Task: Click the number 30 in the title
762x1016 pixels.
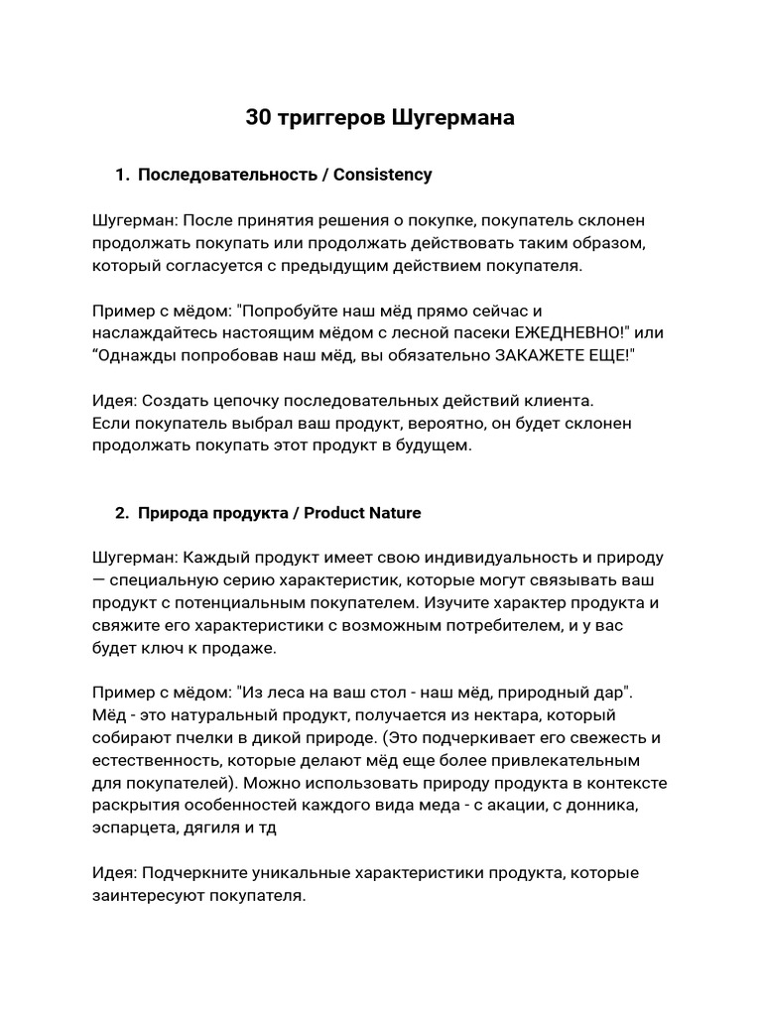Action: (x=258, y=118)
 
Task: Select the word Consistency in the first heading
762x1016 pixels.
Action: (x=383, y=175)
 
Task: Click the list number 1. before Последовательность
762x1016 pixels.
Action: (x=122, y=175)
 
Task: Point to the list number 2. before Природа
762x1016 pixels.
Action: (x=122, y=513)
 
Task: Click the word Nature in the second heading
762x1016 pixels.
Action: (x=394, y=513)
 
